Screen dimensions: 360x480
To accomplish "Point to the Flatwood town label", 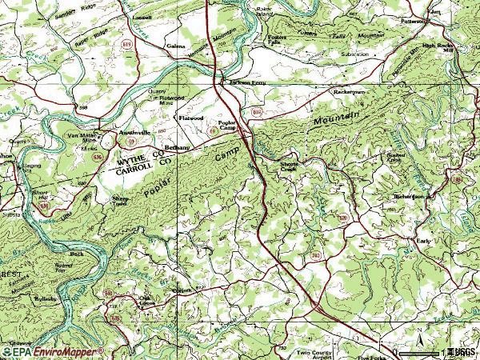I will (191, 117).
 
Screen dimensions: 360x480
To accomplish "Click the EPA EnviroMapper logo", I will (52, 351).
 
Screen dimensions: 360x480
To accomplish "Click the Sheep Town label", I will (119, 201).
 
